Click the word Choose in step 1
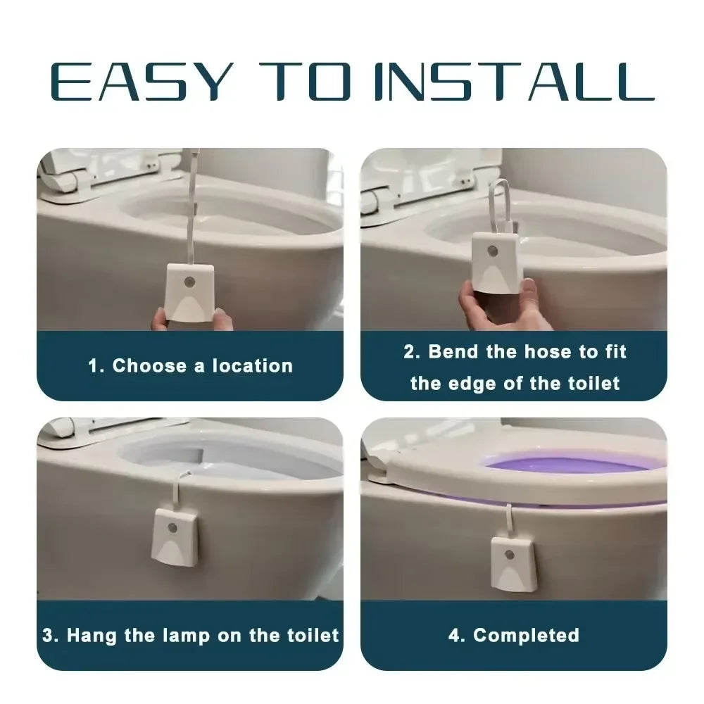click(150, 365)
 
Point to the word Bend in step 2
click(453, 351)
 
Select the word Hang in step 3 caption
click(93, 636)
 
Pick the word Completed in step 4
click(526, 636)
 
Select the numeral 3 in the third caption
click(47, 636)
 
